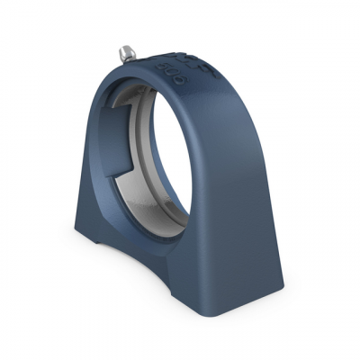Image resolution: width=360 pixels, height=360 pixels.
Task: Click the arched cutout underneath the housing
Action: pos(135,256)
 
